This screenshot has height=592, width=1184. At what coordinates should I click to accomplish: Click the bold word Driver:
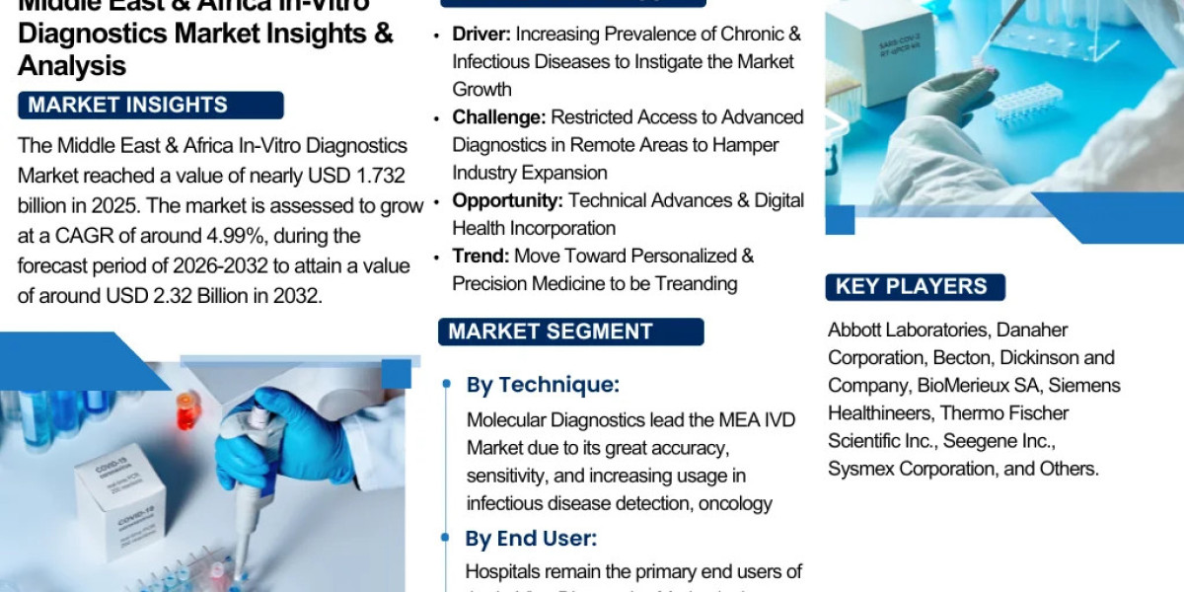tap(481, 35)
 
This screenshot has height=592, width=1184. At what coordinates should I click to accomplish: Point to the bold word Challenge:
tap(498, 117)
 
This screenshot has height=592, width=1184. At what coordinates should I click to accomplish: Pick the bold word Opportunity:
tap(507, 200)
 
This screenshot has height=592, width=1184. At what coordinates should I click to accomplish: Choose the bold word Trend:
tap(481, 256)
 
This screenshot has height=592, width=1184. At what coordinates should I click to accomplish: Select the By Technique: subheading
tap(543, 385)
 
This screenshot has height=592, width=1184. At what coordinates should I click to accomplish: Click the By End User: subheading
tap(531, 539)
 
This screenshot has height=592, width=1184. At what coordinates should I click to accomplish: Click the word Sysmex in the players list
tap(858, 469)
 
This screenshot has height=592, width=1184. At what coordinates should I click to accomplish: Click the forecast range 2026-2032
tap(172, 266)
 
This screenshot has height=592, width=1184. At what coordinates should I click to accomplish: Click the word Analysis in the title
tap(72, 65)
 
